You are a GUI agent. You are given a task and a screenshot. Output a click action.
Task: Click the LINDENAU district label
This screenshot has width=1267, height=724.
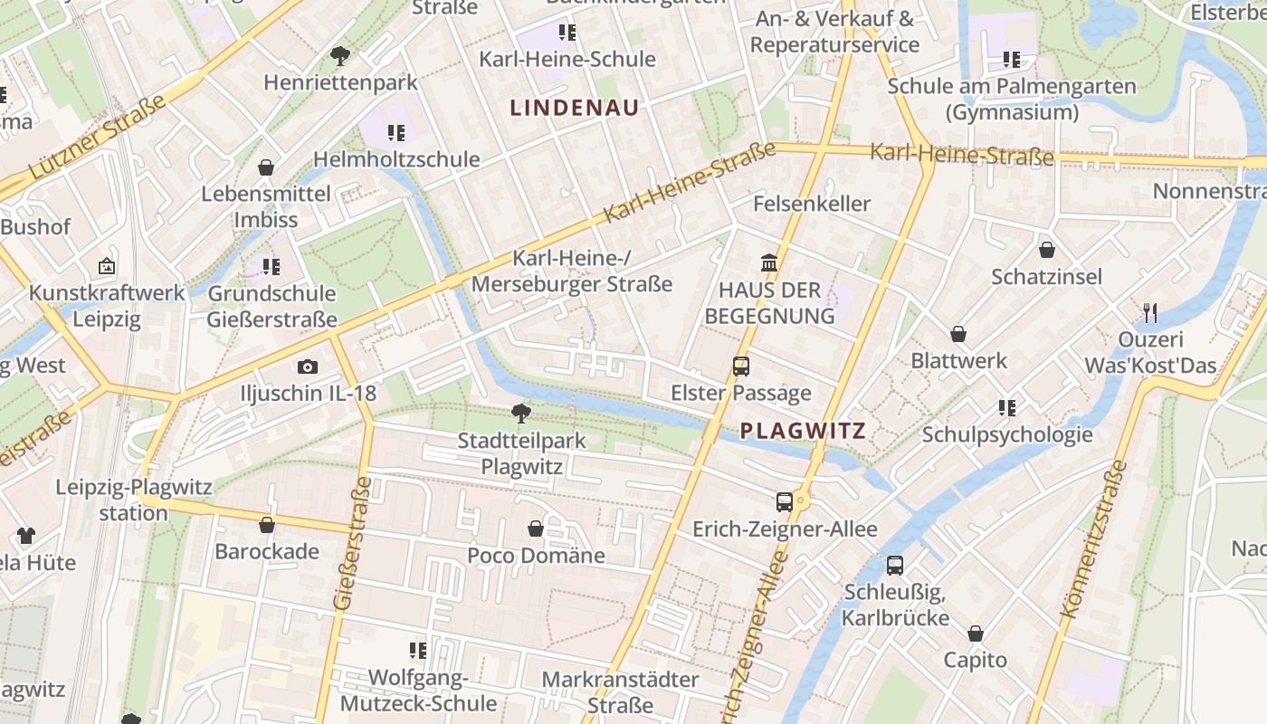click(575, 108)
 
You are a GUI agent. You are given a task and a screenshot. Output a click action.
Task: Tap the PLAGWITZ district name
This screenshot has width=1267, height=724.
click(803, 431)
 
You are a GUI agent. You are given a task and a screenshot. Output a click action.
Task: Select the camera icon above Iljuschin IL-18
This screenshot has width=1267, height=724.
click(308, 367)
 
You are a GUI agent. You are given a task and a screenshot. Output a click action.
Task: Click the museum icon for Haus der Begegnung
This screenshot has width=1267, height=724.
click(769, 263)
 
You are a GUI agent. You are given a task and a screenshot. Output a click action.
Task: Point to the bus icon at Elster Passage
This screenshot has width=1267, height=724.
click(741, 367)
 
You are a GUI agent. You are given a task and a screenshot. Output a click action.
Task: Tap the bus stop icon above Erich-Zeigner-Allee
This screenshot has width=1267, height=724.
click(785, 501)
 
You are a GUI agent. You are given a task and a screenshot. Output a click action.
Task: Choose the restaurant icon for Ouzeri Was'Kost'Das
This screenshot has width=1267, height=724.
click(1150, 313)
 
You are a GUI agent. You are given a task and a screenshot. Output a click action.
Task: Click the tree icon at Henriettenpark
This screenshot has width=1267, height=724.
click(340, 56)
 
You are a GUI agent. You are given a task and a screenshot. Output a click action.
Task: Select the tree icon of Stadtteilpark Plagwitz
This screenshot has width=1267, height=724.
click(521, 414)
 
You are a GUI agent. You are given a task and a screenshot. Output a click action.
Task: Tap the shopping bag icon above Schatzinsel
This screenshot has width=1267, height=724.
click(1047, 250)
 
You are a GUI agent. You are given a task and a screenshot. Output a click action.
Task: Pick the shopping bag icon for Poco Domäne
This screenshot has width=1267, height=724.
click(536, 529)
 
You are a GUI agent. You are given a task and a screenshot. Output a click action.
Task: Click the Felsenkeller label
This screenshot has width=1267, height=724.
click(812, 204)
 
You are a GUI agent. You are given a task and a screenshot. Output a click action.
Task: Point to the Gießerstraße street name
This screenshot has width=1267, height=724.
click(353, 543)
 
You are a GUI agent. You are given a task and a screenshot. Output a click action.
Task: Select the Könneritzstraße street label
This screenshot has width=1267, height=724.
click(1093, 540)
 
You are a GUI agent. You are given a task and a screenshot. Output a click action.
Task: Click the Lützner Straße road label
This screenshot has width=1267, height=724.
click(98, 136)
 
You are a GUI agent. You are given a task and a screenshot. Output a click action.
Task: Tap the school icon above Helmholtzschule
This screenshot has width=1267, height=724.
click(396, 133)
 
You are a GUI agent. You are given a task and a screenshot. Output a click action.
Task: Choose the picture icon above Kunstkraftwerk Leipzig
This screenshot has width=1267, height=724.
click(107, 266)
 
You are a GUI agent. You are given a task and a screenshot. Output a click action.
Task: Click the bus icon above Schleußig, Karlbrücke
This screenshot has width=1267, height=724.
click(895, 566)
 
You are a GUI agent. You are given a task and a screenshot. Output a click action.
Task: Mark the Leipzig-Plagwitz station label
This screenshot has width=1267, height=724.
click(133, 500)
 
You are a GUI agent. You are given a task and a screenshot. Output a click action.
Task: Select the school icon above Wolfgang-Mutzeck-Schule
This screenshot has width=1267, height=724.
click(418, 650)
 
